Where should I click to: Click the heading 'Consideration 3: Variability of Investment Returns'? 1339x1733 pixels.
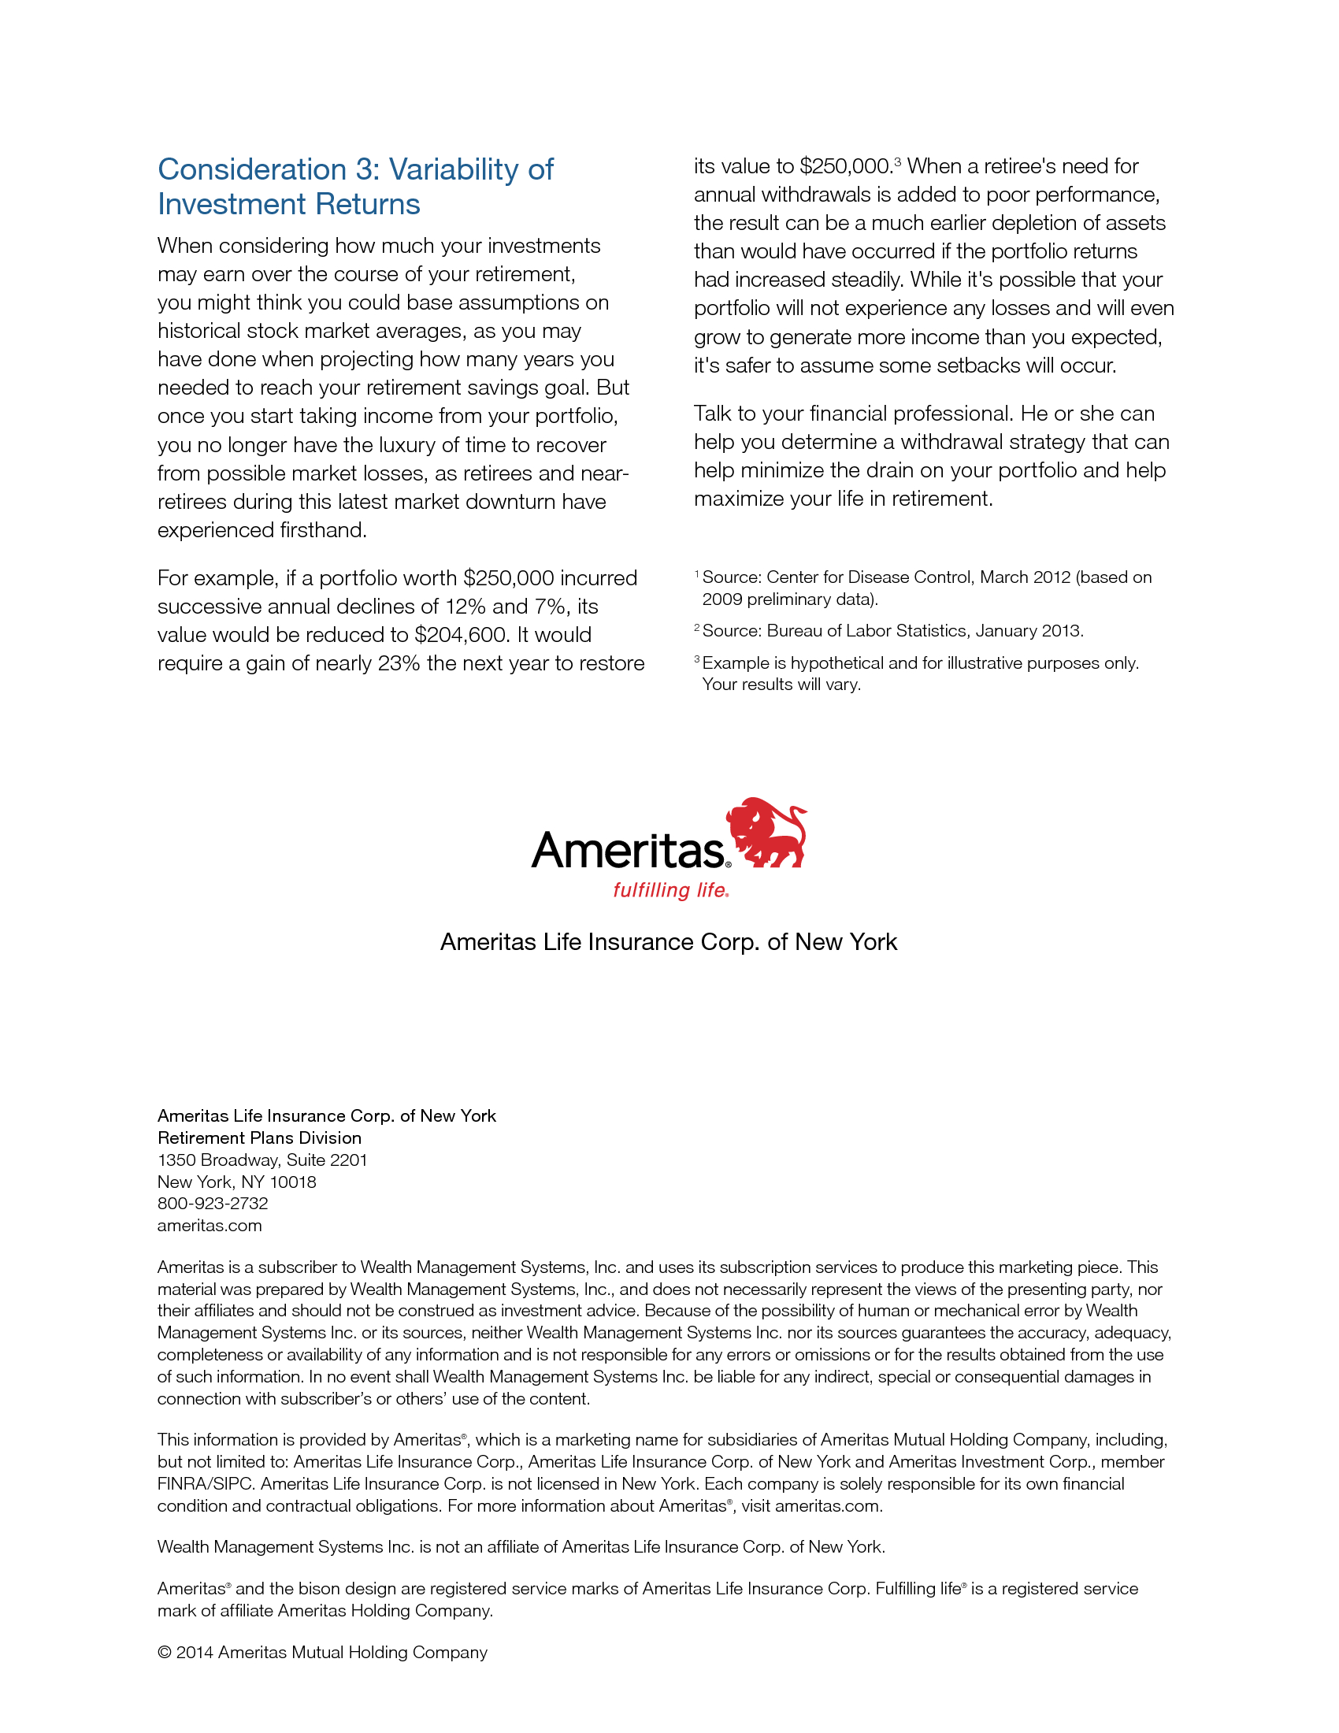click(x=355, y=187)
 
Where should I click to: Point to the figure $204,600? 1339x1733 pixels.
click(x=460, y=635)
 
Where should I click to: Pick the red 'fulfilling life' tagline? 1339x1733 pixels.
click(x=670, y=890)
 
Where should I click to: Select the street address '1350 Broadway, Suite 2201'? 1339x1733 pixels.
click(x=262, y=1160)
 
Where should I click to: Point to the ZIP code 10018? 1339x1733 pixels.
click(x=293, y=1182)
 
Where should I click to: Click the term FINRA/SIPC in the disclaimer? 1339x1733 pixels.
click(x=206, y=1483)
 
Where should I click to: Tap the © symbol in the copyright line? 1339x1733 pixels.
click(x=164, y=1652)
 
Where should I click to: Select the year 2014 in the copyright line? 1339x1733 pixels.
click(x=195, y=1652)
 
